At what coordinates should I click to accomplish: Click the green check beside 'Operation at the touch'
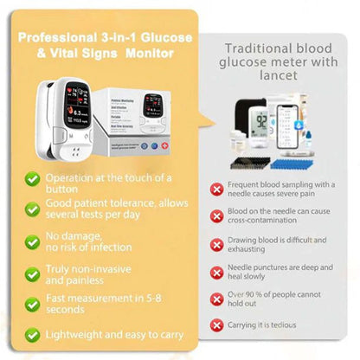tap(31, 178)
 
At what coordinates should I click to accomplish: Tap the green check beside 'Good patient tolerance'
tap(31, 208)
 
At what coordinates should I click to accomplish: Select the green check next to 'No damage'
tap(31, 241)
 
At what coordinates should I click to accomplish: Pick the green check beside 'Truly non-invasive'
tap(31, 274)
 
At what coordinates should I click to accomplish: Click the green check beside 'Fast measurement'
tap(31, 304)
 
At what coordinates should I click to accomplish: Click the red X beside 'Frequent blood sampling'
tap(216, 189)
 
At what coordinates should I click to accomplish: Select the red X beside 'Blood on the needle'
tap(216, 216)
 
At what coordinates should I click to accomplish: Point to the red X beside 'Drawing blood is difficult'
tap(216, 245)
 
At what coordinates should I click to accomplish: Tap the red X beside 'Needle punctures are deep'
tap(216, 272)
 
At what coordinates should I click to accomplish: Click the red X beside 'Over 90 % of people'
tap(216, 299)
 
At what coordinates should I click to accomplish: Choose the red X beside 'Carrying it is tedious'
tap(216, 326)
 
